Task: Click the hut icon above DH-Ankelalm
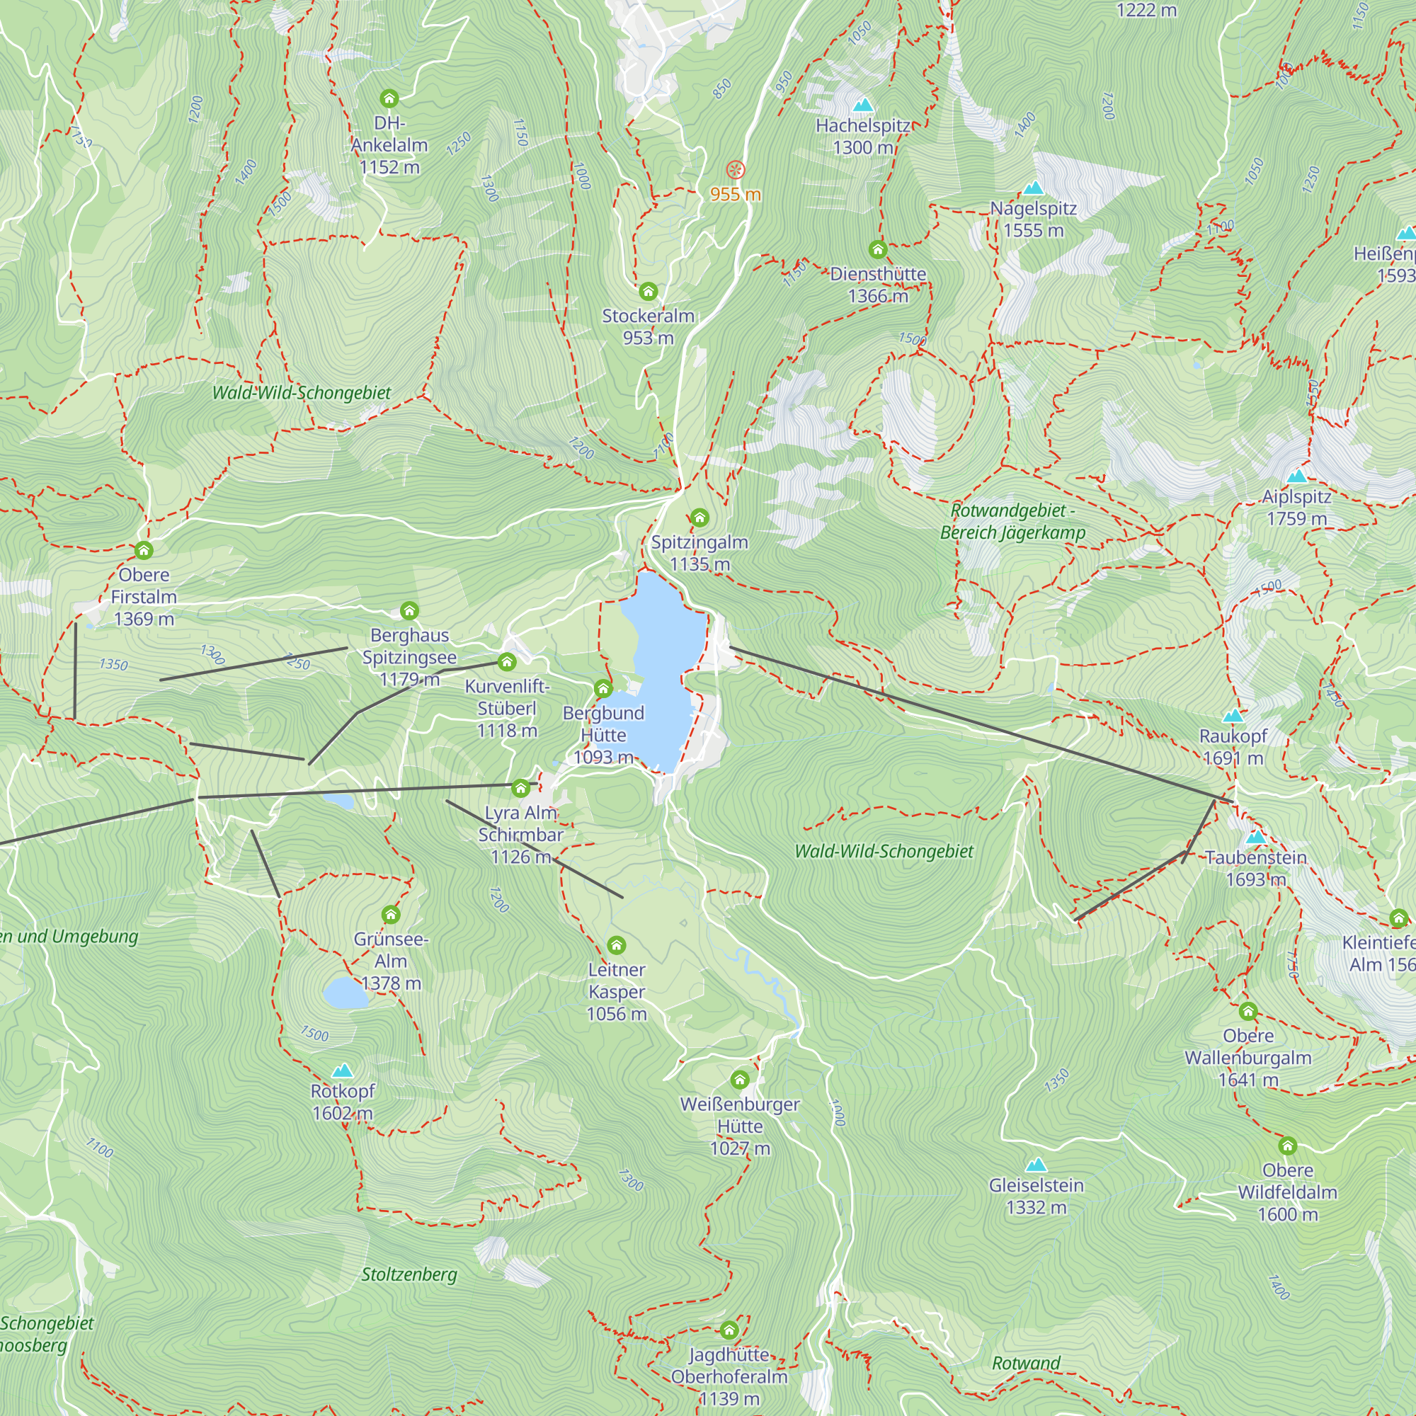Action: tap(389, 98)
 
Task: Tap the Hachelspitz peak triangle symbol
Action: tap(863, 105)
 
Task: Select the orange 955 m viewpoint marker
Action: tap(735, 171)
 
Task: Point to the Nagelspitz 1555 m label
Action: tap(1034, 219)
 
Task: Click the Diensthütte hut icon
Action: tap(878, 250)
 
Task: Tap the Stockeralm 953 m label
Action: tap(648, 327)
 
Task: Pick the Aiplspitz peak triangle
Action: tap(1296, 476)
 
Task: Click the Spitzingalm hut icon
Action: tap(700, 518)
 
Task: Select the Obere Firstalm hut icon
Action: tap(144, 550)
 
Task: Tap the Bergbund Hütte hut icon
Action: tap(603, 688)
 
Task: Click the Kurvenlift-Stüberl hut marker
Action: tap(506, 663)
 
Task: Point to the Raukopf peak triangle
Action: tap(1233, 716)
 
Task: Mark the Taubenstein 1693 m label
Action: tap(1255, 868)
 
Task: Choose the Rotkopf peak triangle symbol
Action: tap(342, 1071)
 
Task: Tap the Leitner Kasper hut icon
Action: tap(617, 944)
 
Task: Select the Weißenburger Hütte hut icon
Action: tap(740, 1080)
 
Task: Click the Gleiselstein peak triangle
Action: tap(1036, 1165)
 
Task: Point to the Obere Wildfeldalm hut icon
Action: tap(1288, 1146)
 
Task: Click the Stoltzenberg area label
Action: tap(409, 1274)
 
